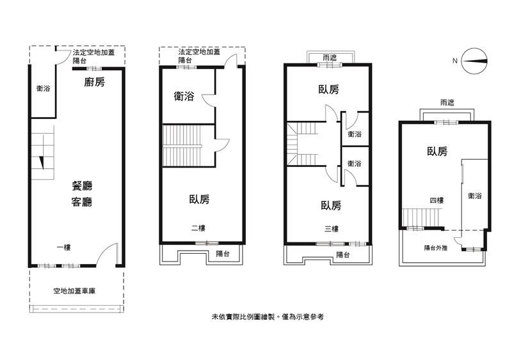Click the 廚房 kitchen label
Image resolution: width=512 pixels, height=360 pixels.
coord(94,82)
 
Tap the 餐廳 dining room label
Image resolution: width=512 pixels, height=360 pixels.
coord(82,186)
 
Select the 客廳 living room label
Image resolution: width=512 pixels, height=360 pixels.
coord(82,202)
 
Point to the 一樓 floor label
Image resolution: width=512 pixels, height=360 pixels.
coord(63,247)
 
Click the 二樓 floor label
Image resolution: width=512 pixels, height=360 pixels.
coord(198,228)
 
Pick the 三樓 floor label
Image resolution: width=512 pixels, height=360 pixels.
coord(332,229)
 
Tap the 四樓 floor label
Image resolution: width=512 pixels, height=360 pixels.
coord(436,200)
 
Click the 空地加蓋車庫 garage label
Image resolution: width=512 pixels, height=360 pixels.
coord(74,291)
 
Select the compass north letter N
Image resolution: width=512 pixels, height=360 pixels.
coord(455,61)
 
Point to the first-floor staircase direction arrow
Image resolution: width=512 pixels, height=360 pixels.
coord(42,163)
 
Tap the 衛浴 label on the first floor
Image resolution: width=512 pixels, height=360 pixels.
coord(43,88)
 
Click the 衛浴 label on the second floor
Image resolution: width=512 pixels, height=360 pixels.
coord(184,97)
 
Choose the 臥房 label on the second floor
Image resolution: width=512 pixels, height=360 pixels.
coord(200,200)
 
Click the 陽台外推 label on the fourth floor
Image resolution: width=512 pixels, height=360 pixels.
coord(436,248)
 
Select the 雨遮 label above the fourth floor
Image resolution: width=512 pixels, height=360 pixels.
coord(447,103)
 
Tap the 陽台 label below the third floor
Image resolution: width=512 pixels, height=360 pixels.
coord(343,254)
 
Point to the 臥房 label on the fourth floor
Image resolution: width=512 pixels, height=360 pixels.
coord(437,152)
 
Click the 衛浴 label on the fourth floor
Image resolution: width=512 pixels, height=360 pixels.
coord(475,196)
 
